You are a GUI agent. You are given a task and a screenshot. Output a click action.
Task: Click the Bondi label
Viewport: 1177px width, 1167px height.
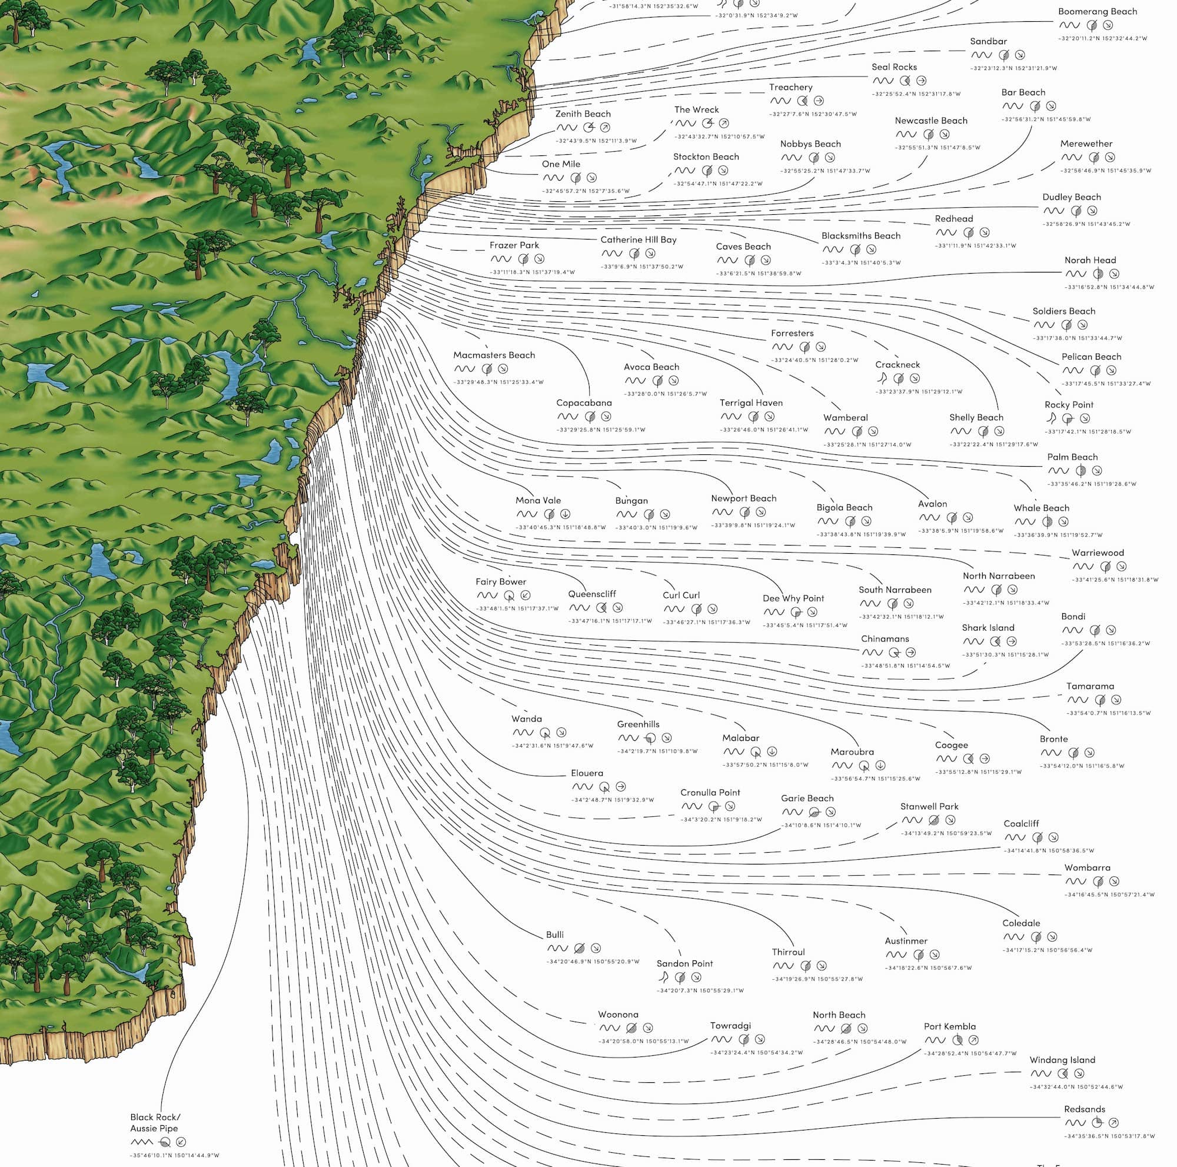click(x=1073, y=616)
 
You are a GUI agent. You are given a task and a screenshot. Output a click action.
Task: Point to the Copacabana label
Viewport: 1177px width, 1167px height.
click(x=584, y=403)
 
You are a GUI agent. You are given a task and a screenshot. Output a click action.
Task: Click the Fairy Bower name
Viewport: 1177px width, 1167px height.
click(x=501, y=581)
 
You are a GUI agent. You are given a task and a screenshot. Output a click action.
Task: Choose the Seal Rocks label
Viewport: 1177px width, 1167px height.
click(x=894, y=67)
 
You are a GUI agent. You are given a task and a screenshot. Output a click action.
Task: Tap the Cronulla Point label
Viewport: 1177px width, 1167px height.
click(x=710, y=792)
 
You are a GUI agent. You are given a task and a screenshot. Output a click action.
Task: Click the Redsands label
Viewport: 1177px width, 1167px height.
click(x=1085, y=1109)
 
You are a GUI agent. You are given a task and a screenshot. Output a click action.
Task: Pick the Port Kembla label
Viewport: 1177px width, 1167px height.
click(x=949, y=1026)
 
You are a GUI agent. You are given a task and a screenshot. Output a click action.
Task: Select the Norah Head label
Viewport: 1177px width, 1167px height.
click(x=1090, y=260)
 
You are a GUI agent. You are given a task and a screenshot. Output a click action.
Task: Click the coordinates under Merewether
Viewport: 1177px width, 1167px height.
click(x=1105, y=171)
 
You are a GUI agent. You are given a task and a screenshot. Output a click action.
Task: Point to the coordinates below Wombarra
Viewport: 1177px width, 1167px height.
click(x=1109, y=895)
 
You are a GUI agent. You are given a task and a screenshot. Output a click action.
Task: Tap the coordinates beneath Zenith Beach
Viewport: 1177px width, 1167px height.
click(x=596, y=141)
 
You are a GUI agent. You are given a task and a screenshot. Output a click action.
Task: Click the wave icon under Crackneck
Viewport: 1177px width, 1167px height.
click(x=881, y=378)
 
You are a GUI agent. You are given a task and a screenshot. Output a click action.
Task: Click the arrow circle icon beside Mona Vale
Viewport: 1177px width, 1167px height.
click(x=565, y=514)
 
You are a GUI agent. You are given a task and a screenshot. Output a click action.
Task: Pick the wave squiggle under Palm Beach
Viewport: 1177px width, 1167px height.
click(x=1058, y=471)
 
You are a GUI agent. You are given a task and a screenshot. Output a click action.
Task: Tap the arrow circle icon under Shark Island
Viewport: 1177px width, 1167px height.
click(x=1011, y=641)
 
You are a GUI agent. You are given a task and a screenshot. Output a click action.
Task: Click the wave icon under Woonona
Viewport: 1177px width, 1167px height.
click(x=609, y=1028)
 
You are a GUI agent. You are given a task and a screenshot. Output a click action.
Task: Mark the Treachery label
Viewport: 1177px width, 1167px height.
click(x=790, y=88)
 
